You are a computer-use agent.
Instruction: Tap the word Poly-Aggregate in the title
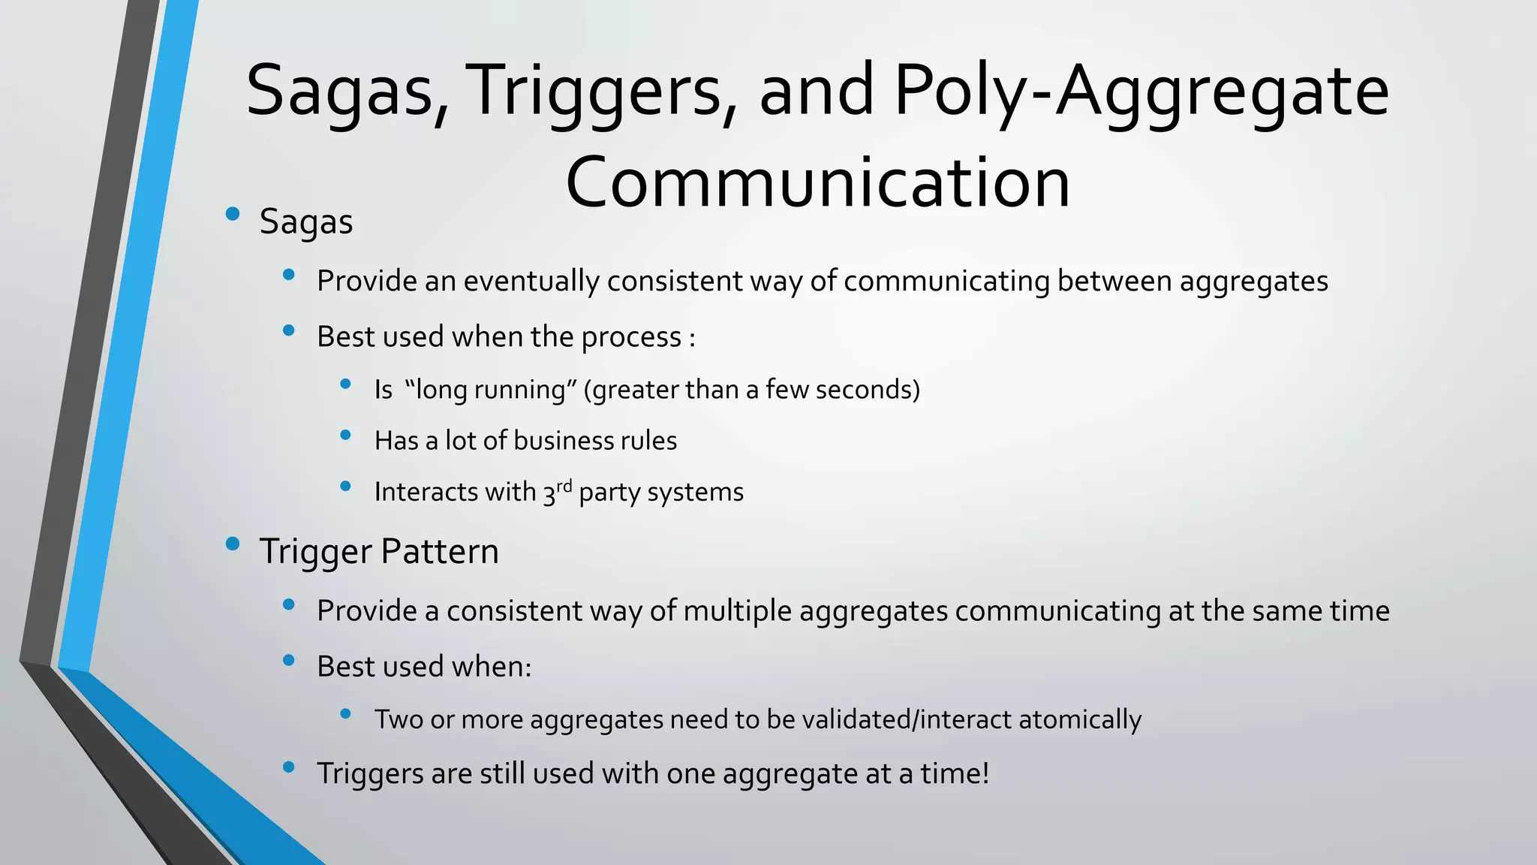coord(1141,92)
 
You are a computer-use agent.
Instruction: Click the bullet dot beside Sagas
coord(233,214)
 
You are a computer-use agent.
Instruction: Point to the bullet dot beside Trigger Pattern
coord(233,544)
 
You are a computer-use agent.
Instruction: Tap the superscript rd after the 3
coord(564,485)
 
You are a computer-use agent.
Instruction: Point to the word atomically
coord(1080,719)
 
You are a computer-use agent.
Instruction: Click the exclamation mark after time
coord(985,773)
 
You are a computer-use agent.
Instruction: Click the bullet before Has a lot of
coord(346,435)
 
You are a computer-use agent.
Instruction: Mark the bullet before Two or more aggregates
coord(346,713)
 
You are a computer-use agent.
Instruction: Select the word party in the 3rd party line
coord(609,493)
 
